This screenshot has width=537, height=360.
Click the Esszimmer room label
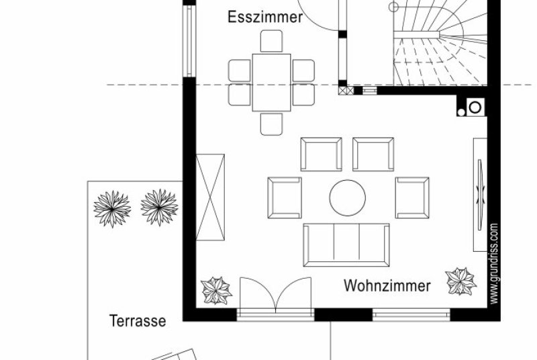coord(265,17)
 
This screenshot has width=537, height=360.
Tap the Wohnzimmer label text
coord(387,285)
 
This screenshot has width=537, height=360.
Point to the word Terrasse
coord(138,321)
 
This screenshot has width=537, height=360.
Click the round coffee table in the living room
coord(348,197)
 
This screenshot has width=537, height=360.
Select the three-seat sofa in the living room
coord(346,245)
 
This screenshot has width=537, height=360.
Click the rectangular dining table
coord(272,83)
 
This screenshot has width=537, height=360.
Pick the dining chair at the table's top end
coord(272,41)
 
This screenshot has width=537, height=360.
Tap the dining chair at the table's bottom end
coord(272,124)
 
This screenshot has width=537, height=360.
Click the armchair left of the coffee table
coord(285,197)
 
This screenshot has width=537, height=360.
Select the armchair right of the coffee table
coord(412,197)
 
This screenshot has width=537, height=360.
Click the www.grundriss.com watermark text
coord(493,263)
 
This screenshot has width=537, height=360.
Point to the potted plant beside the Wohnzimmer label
coord(460,281)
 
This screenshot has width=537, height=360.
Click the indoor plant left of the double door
coord(216,290)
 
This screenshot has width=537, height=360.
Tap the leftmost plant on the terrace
coord(112,209)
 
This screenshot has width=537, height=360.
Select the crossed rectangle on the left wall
coord(210,197)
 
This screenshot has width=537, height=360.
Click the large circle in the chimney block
coord(475,107)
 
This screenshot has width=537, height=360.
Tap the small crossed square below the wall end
coord(346,91)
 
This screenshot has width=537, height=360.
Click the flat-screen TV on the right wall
coord(480,195)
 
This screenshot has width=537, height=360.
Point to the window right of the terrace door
coord(411,315)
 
